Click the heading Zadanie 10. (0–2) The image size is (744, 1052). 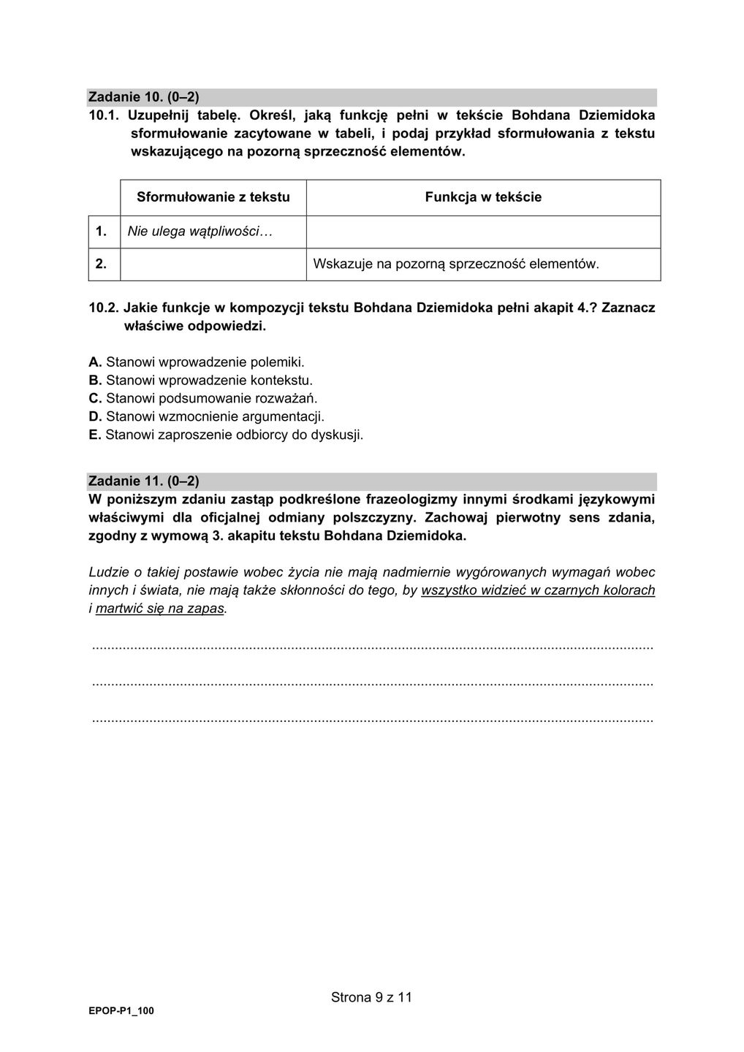coord(143,97)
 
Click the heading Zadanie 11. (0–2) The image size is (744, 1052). coord(143,481)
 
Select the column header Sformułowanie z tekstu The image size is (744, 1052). coord(213,197)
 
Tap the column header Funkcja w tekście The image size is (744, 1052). coord(483,197)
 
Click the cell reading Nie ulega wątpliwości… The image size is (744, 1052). coord(200,232)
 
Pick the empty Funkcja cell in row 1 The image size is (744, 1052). coord(483,232)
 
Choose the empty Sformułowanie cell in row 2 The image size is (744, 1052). coord(213,264)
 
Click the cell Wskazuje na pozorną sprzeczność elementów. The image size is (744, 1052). coord(455,264)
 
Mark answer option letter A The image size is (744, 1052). coord(94,362)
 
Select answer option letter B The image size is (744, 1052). coord(94,380)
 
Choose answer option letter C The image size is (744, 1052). coord(94,399)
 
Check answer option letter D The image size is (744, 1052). coord(94,417)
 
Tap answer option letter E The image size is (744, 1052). coord(94,435)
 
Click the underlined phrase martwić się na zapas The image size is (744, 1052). coord(159,609)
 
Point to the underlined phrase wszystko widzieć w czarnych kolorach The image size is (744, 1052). coord(538,590)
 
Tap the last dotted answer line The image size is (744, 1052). coord(373,720)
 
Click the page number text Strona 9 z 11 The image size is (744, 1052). coord(371,997)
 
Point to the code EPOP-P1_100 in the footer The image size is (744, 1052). coord(121,1011)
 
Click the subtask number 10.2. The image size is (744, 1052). coord(103,308)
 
